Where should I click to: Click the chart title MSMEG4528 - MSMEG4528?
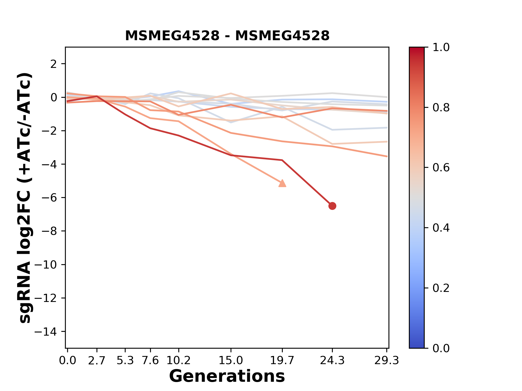227,36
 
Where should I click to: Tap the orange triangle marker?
282,184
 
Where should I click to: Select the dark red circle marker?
332,206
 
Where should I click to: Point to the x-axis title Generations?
227,376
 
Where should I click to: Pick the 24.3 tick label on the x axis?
332,361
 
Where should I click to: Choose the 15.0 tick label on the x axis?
231,361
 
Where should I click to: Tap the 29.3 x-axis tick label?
387,361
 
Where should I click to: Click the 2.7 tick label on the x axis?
97,361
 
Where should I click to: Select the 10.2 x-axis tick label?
178,361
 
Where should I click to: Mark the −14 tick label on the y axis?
46,332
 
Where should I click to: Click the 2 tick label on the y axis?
54,64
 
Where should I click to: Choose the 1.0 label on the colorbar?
441,48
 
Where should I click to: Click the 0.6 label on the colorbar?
441,168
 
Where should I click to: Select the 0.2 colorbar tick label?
441,288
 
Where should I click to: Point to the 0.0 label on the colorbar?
441,348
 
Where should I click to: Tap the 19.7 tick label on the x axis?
282,361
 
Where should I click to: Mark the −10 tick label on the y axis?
46,265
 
